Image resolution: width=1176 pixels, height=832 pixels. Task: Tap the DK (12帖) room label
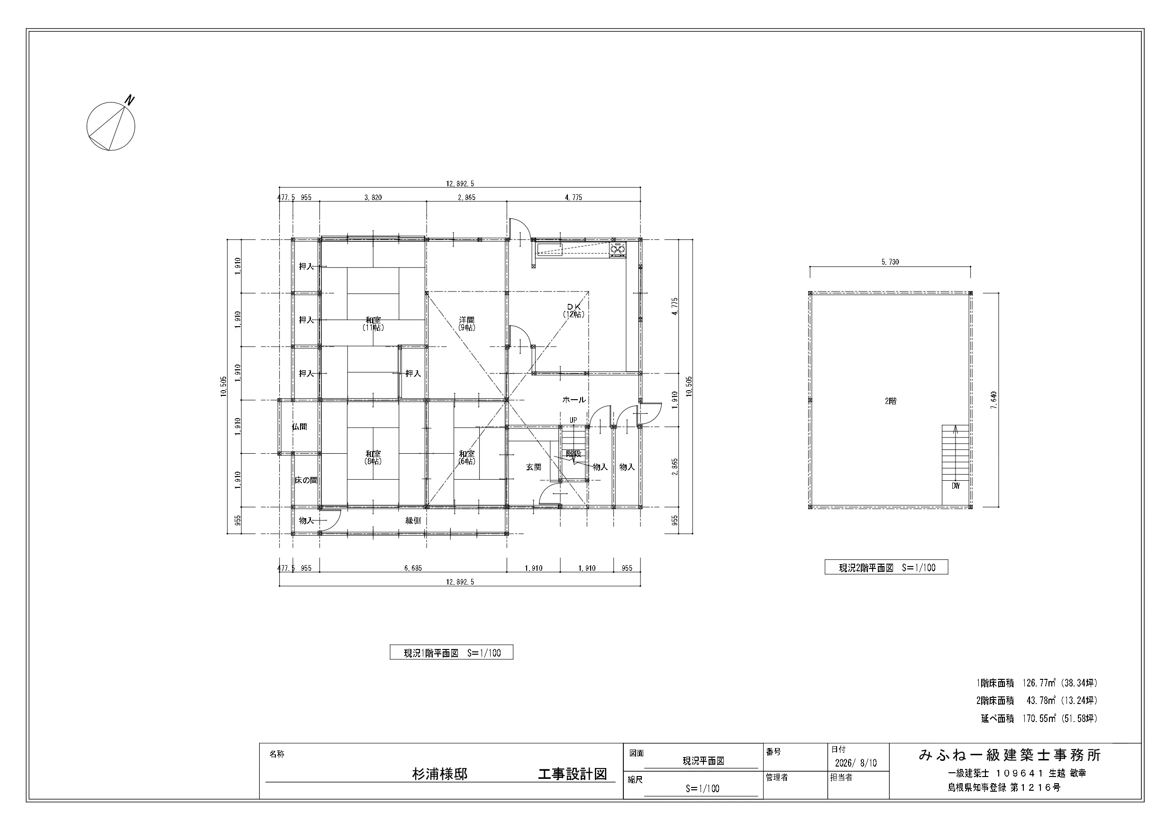coord(574,311)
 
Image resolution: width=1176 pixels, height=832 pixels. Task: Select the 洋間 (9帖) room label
coord(466,324)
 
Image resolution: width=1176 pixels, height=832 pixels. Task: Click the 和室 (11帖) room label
coord(374,324)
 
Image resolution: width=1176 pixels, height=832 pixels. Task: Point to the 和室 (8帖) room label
coord(374,457)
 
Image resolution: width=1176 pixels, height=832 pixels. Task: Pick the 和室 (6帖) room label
coord(466,457)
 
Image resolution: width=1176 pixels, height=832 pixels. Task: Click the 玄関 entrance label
coord(534,467)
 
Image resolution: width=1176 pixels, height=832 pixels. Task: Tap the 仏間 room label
coord(300,427)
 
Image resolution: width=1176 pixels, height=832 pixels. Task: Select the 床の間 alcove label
coord(306,481)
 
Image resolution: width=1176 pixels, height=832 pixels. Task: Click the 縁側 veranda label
coord(413,521)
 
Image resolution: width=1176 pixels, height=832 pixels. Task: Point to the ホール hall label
coord(574,400)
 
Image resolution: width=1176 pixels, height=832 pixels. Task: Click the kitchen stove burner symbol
coord(618,249)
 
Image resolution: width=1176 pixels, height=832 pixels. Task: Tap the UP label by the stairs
coord(573,420)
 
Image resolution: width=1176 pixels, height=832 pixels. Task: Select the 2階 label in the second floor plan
coord(891,402)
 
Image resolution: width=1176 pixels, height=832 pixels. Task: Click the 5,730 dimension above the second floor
coord(890,262)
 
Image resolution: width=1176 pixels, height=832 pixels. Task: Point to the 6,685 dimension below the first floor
coord(413,568)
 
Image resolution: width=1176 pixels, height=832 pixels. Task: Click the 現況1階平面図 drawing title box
coord(451,653)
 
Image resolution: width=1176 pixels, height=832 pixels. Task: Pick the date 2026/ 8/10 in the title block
coord(856,763)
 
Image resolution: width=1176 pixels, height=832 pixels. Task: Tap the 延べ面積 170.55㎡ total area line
coord(1039,719)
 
